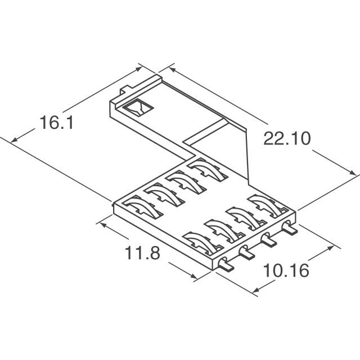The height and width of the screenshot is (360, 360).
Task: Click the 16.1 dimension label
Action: coord(56,123)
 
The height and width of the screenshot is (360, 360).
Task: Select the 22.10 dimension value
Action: coord(287,138)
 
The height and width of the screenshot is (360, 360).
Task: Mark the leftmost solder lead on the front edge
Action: coord(224,264)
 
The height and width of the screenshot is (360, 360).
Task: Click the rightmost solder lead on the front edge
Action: coord(290,228)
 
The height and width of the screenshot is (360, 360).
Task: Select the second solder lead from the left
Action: coord(246,252)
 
